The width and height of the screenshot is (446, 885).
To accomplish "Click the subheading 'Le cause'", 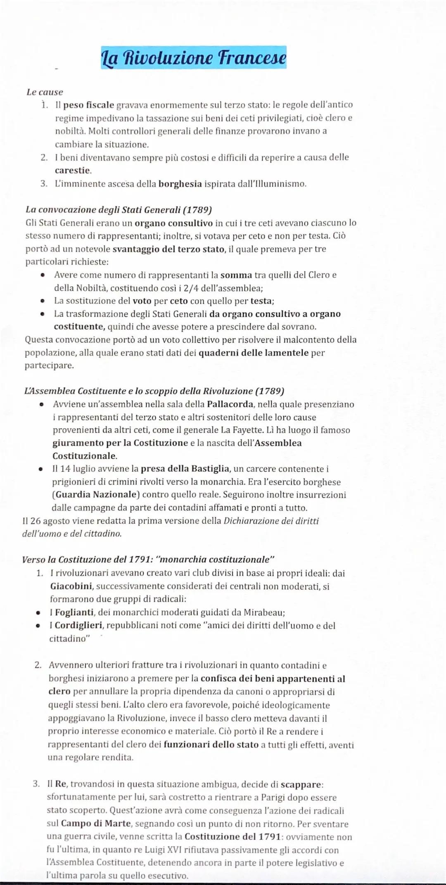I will click(45, 92).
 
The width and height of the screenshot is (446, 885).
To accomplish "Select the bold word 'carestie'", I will click(73, 170).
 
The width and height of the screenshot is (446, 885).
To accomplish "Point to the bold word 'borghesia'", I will click(180, 183).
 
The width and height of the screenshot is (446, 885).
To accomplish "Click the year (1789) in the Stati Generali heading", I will click(197, 210).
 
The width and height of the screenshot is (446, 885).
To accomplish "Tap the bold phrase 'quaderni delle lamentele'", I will click(254, 353).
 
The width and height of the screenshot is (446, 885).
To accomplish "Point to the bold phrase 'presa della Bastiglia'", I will click(185, 469).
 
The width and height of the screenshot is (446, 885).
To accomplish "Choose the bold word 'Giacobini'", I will click(71, 586).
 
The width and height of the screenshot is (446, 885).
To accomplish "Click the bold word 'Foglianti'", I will click(74, 612).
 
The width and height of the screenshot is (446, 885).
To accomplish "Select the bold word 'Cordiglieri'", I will click(78, 625).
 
